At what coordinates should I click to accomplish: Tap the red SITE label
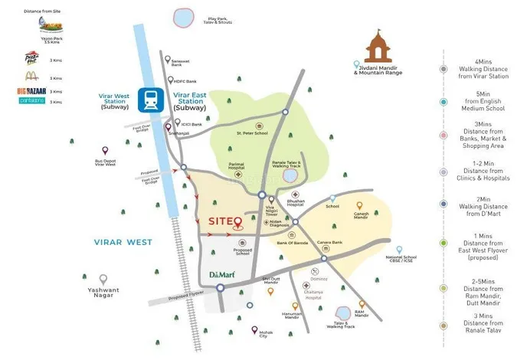click(219, 221)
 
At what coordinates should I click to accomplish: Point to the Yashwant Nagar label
click(103, 294)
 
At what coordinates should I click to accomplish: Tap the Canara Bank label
click(331, 243)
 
